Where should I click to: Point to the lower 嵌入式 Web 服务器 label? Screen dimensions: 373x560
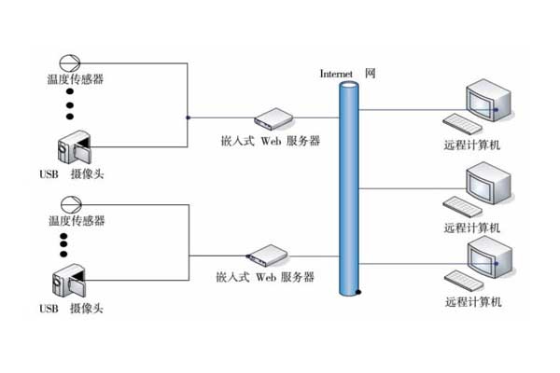pyautogui.click(x=264, y=277)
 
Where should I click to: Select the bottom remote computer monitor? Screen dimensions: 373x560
pyautogui.click(x=486, y=256)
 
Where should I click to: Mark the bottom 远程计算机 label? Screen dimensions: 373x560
pyautogui.click(x=473, y=302)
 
